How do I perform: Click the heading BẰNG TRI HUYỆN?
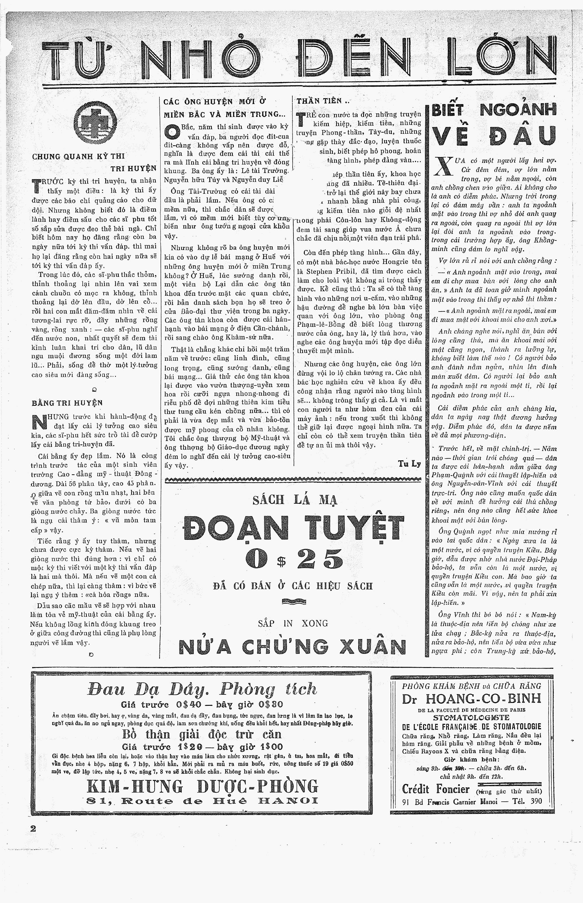[x=67, y=403]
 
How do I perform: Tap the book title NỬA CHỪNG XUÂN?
[x=292, y=646]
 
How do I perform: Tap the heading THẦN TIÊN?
[x=320, y=101]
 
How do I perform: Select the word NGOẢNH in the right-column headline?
[x=518, y=110]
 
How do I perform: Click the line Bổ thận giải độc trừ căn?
[x=202, y=734]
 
